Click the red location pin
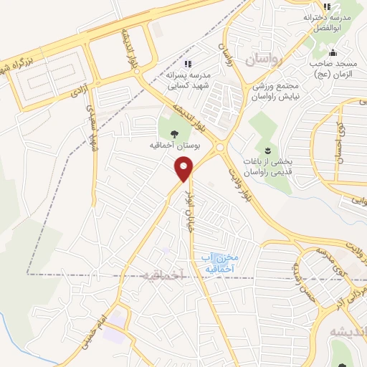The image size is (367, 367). coord(185,169)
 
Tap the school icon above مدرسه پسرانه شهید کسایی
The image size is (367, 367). coord(189,65)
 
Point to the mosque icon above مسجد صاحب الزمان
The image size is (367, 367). coord(332,52)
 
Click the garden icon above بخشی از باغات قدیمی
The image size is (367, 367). coord(267,149)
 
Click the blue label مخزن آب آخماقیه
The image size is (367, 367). coord(220,263)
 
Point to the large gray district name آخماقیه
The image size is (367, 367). coord(163,275)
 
